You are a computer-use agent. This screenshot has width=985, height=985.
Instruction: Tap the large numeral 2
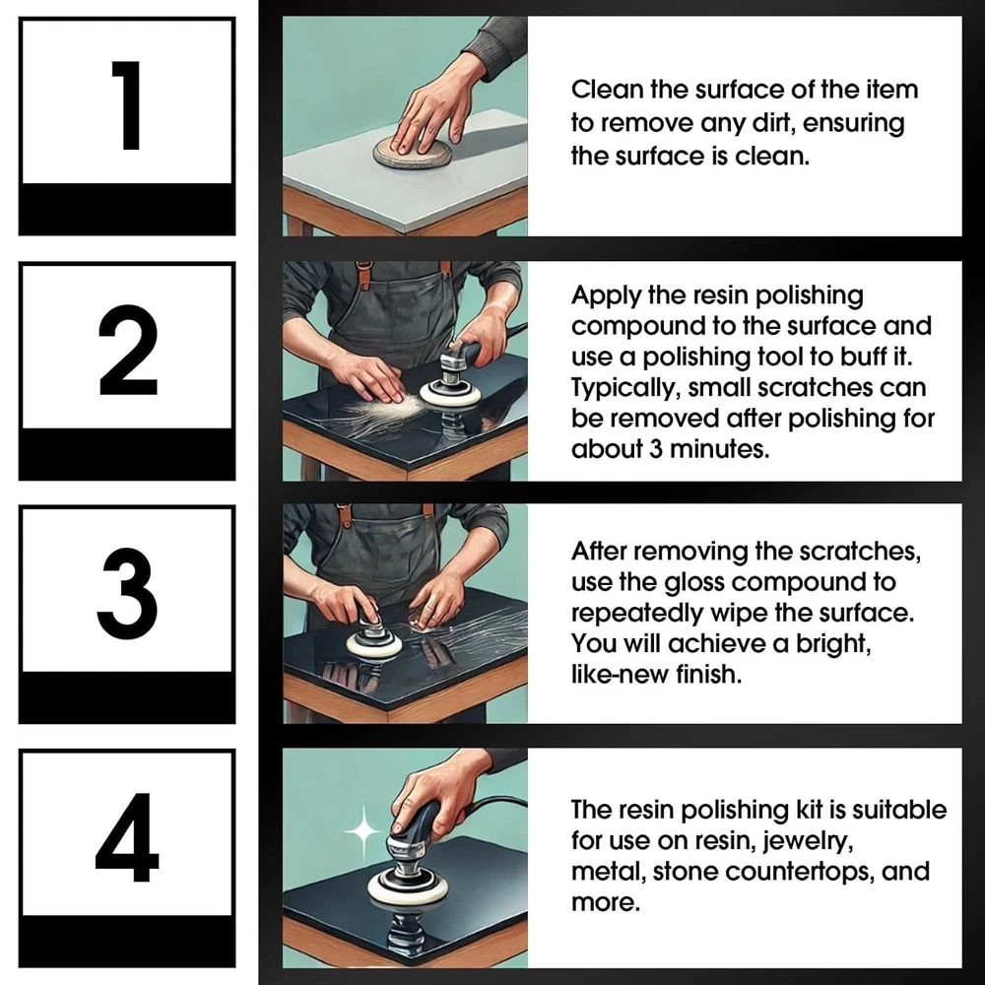click(128, 350)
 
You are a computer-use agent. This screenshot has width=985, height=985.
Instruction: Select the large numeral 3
click(127, 593)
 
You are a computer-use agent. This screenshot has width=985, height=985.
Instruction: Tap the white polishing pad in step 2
click(450, 394)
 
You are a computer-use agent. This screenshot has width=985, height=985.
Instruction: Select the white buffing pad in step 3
click(373, 644)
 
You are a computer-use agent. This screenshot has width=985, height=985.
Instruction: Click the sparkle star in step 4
click(362, 831)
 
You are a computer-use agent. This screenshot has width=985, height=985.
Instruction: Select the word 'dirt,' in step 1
click(773, 123)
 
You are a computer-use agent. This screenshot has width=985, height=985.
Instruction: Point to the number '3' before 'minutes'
click(656, 449)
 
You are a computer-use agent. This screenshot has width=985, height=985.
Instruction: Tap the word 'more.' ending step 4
click(606, 902)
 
